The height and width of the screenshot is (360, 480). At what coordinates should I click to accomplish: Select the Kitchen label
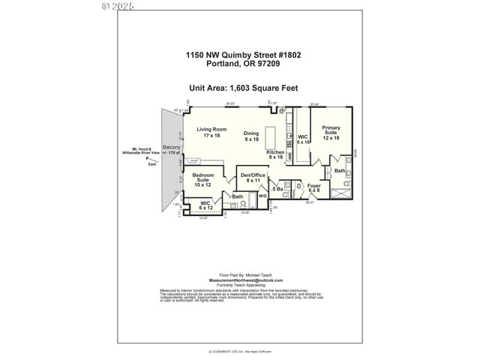coord(275,154)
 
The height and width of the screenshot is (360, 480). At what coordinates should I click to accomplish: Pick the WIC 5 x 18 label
coord(303,140)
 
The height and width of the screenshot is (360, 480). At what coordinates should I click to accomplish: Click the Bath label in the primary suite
coord(339,171)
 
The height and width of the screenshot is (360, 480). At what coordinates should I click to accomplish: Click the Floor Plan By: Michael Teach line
coord(240,275)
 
